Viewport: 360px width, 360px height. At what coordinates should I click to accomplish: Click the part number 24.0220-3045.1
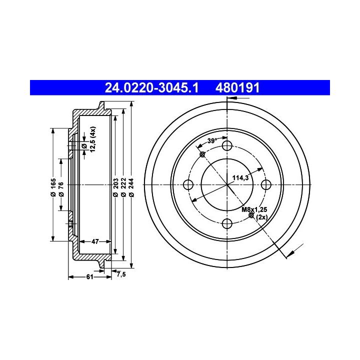(x=151, y=87)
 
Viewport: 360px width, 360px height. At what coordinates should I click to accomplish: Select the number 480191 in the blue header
(x=237, y=87)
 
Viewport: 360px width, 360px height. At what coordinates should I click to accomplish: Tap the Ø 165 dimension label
(x=53, y=187)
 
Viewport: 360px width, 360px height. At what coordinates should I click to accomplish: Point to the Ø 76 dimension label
(x=61, y=189)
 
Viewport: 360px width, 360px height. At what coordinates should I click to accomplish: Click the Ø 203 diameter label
(x=115, y=187)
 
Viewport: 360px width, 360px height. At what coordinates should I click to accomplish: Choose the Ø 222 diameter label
(x=123, y=187)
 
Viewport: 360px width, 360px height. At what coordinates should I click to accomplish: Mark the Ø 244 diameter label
(x=131, y=187)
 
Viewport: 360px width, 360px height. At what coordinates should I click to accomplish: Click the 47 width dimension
(x=95, y=241)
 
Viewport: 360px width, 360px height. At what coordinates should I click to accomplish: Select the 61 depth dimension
(x=89, y=277)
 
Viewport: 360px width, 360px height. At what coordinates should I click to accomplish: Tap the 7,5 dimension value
(x=121, y=274)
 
